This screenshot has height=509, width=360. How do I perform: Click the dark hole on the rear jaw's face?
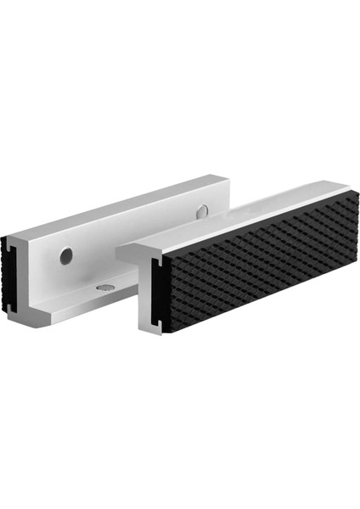coord(65,254)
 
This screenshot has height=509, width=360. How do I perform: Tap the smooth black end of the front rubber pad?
coord(158,294)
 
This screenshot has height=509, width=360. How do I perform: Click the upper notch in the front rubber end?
coord(155,266)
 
